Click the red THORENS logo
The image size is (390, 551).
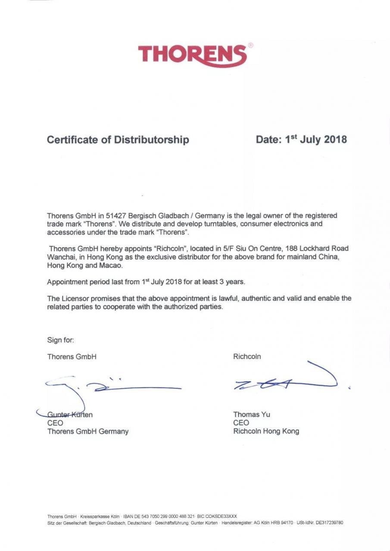[193, 55]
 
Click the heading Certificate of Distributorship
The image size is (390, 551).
[118, 140]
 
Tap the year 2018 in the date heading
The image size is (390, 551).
[335, 139]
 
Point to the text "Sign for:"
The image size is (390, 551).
[61, 340]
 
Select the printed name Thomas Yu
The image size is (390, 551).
[252, 415]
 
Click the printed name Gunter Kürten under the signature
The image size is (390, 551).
[70, 415]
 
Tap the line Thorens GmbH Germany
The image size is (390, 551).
[88, 431]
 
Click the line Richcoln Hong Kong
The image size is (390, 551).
[266, 431]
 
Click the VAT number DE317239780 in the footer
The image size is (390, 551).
[329, 523]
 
